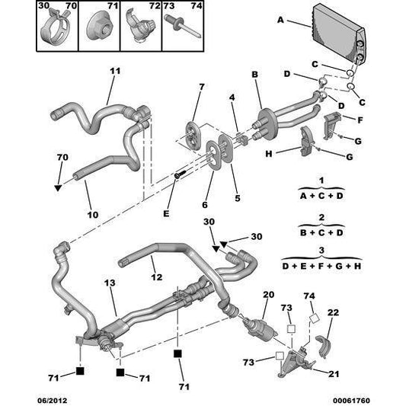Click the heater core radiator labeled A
(x=339, y=34)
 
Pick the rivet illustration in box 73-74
(x=183, y=27)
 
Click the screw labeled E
(x=181, y=174)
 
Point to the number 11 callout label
(x=115, y=71)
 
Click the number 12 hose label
(x=157, y=277)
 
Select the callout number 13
(x=110, y=283)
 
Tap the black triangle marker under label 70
(x=58, y=187)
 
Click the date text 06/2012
(x=53, y=401)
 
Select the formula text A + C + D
(x=321, y=196)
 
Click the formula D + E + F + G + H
(x=321, y=266)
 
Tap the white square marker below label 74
(x=315, y=318)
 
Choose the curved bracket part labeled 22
(x=323, y=346)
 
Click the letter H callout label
(x=269, y=154)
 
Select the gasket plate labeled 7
(x=192, y=135)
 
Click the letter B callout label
(x=255, y=75)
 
